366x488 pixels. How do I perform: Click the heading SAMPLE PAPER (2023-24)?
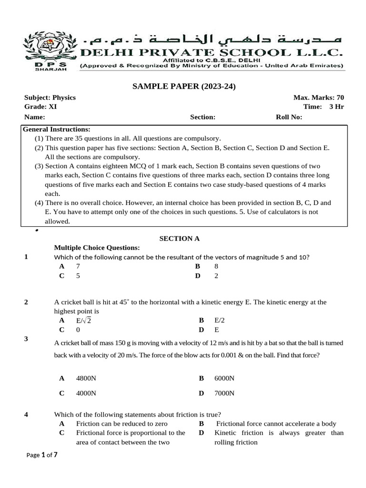click(x=183, y=86)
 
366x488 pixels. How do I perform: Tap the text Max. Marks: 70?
click(x=318, y=97)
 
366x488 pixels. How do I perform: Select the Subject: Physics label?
click(x=50, y=97)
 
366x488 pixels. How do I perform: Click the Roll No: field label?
click(x=289, y=117)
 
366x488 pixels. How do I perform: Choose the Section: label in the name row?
click(x=203, y=117)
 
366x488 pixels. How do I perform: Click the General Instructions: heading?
click(x=57, y=129)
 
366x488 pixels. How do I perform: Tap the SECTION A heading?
click(x=183, y=238)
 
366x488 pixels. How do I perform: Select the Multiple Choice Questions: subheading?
click(x=97, y=248)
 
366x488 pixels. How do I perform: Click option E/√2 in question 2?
click(x=83, y=321)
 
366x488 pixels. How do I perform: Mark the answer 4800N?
click(x=86, y=378)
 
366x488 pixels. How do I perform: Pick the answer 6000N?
click(x=224, y=378)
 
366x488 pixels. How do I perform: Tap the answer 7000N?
click(x=224, y=394)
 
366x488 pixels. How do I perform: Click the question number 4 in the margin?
click(x=26, y=415)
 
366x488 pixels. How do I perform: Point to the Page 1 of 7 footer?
click(x=42, y=455)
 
